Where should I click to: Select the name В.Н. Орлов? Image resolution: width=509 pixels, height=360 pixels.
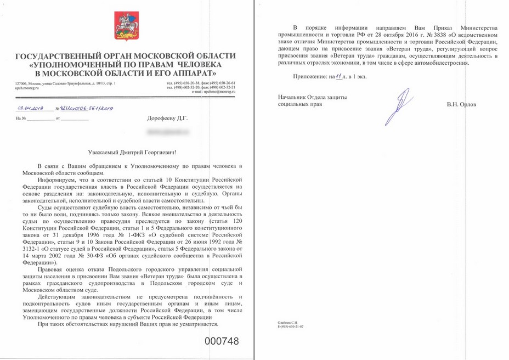461,104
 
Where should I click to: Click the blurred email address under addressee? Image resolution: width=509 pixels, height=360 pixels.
165,132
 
